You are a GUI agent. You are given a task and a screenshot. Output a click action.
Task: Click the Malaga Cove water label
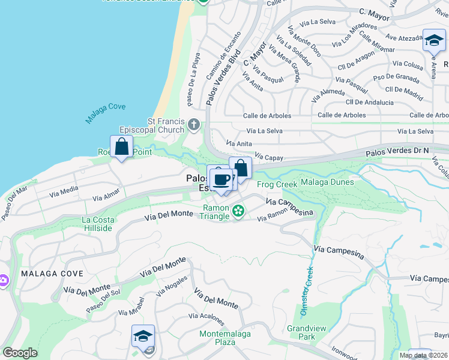(105, 113)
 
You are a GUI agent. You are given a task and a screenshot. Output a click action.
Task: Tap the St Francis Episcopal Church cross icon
(193, 125)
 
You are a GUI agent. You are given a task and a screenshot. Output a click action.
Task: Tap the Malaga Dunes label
(327, 182)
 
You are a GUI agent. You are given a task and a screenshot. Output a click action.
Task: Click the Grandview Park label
(301, 332)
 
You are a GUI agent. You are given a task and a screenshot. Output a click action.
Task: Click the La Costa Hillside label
(98, 224)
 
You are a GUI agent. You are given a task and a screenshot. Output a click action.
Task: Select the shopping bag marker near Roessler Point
(122, 146)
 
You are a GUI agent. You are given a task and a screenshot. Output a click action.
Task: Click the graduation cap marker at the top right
(434, 40)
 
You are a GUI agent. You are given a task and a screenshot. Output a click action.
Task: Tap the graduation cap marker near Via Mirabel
(143, 336)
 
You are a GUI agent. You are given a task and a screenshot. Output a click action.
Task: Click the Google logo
(20, 352)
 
